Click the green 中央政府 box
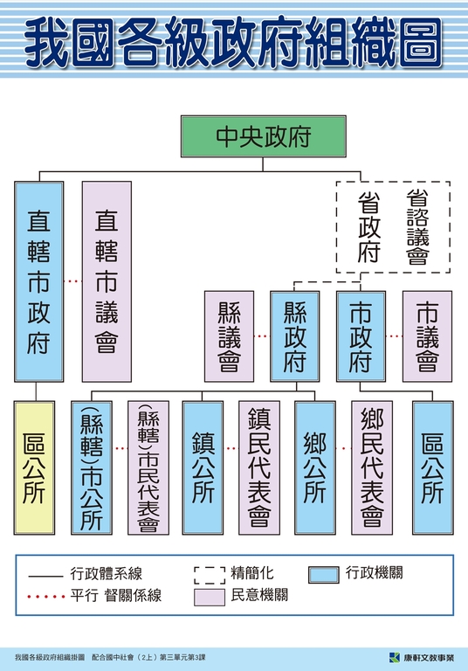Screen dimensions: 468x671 tap(263, 136)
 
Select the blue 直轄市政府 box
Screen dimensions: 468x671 tap(39, 281)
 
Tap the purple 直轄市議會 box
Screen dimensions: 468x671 tap(107, 281)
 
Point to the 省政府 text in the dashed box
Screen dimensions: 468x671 tap(368, 227)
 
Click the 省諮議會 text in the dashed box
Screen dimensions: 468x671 tap(417, 227)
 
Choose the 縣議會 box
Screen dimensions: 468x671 tap(229, 336)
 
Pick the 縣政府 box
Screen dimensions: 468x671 tap(295, 336)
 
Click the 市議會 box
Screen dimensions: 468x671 tap(427, 336)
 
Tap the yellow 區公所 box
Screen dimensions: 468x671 tap(34, 467)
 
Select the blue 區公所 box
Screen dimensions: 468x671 tap(432, 467)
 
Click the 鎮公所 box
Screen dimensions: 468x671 tap(203, 467)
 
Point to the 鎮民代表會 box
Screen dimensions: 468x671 tap(259, 467)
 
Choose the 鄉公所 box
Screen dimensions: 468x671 tap(315, 467)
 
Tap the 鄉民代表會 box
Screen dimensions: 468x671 tap(372, 467)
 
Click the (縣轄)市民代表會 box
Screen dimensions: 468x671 tap(148, 467)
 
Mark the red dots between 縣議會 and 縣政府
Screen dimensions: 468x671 tap(262, 336)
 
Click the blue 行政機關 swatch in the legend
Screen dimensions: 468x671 tap(324, 575)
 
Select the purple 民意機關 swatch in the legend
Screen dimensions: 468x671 tap(210, 597)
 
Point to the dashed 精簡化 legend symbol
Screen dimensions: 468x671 tap(210, 575)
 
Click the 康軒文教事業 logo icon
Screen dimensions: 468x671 tap(395, 657)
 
